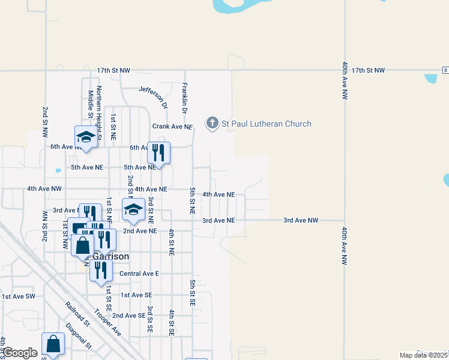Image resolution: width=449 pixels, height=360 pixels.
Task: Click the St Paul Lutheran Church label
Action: pyautogui.click(x=267, y=124)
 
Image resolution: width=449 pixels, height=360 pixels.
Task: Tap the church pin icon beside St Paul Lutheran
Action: pyautogui.click(x=211, y=124)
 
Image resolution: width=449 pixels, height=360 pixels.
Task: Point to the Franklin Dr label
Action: pyautogui.click(x=185, y=98)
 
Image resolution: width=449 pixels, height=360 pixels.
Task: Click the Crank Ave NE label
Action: pyautogui.click(x=172, y=127)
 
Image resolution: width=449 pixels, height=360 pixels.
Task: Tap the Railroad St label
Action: pyautogui.click(x=77, y=314)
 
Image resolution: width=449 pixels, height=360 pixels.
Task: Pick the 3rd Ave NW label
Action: pyautogui.click(x=301, y=220)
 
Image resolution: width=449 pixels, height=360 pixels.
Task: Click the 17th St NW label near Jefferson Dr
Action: pyautogui.click(x=113, y=71)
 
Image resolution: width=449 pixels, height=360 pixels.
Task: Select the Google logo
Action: pyautogui.click(x=20, y=353)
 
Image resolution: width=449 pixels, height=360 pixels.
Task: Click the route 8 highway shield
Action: pyautogui.click(x=445, y=71)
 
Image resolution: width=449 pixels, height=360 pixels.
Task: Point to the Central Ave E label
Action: pyautogui.click(x=139, y=274)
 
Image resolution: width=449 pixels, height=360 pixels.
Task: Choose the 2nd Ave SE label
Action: pyautogui.click(x=129, y=316)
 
